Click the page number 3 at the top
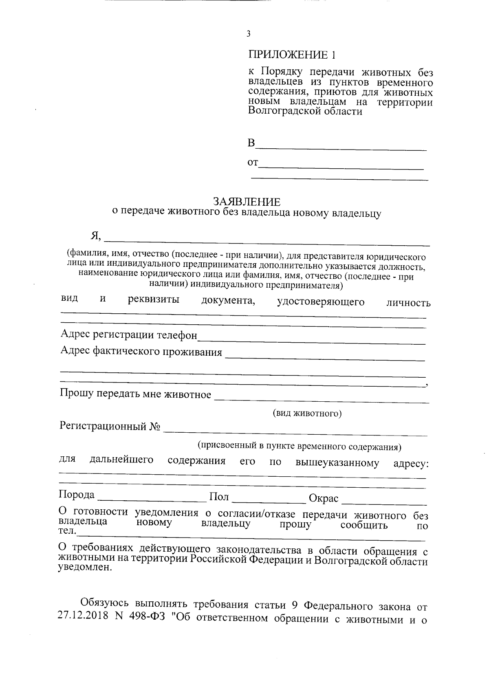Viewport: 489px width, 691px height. (248, 35)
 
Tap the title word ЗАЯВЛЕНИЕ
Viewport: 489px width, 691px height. (247, 202)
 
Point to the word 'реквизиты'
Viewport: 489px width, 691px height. (154, 300)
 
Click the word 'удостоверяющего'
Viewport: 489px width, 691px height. (321, 302)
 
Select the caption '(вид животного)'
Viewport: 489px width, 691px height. (307, 414)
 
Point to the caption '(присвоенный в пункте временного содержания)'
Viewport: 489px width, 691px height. (300, 447)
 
